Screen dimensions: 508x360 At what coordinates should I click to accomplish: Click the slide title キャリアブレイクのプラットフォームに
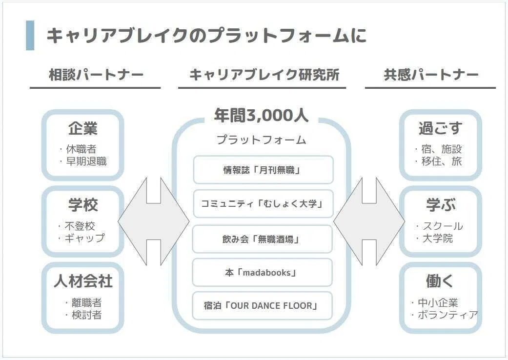(206, 35)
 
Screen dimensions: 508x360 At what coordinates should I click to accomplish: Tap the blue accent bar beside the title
(30, 35)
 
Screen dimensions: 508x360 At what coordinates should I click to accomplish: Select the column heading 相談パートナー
(96, 75)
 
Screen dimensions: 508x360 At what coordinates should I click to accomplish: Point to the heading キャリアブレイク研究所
(264, 75)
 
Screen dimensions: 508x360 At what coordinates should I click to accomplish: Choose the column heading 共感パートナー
(431, 75)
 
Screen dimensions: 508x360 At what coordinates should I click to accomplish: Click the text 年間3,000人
(261, 115)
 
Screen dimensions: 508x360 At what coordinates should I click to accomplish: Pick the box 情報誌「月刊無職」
(263, 170)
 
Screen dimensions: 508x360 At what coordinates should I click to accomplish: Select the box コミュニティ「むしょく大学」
(263, 203)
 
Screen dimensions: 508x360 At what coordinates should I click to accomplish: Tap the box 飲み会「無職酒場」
(263, 239)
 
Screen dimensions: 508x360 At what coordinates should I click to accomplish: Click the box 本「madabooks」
(263, 272)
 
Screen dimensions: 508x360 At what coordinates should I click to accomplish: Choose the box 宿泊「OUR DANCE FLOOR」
(263, 306)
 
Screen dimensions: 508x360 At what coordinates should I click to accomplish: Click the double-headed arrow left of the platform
(154, 221)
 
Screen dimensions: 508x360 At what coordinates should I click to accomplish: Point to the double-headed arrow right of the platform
(369, 221)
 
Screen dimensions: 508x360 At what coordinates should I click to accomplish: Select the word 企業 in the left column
(83, 128)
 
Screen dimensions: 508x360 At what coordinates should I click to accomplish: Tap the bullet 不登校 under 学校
(80, 226)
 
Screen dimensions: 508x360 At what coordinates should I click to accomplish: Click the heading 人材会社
(83, 281)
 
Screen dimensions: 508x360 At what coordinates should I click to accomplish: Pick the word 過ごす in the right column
(440, 128)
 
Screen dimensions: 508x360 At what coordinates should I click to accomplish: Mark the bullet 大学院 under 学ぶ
(438, 238)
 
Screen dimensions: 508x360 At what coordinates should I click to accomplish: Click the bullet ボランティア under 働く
(448, 314)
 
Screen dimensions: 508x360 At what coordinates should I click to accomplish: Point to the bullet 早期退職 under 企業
(86, 161)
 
